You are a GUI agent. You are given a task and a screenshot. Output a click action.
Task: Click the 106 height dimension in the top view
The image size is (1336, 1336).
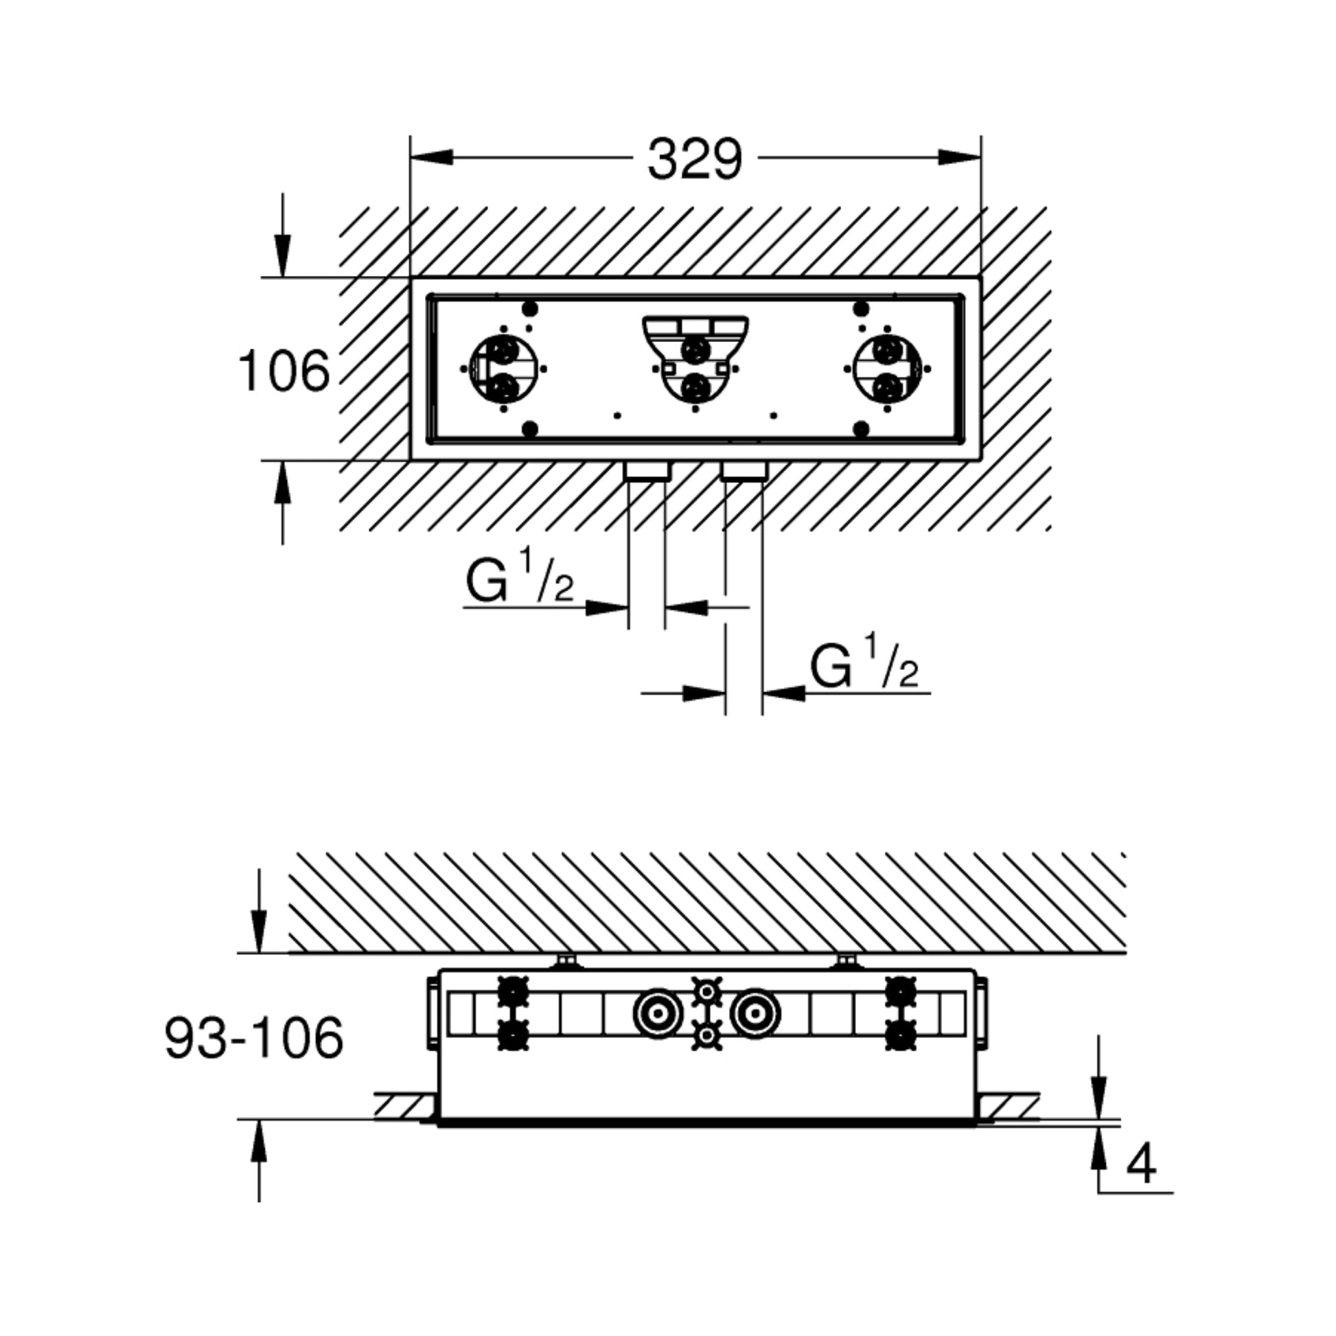(284, 371)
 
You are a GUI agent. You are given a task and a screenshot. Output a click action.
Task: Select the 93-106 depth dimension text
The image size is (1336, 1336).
(254, 1038)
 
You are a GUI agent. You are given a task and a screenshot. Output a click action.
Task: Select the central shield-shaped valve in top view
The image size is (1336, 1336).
(694, 360)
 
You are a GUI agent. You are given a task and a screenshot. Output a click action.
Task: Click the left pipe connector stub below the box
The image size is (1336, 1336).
(647, 472)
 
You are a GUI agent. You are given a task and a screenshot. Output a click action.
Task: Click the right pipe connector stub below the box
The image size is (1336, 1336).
(744, 472)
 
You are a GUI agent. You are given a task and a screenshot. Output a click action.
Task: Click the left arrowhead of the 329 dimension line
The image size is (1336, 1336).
(432, 158)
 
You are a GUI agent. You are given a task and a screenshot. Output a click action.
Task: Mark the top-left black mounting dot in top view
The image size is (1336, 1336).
(531, 308)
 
